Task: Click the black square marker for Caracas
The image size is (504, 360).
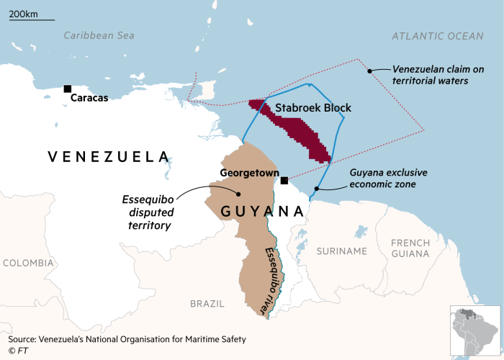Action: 68,89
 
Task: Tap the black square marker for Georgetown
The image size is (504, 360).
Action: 284,180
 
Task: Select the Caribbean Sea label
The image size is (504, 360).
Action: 99,35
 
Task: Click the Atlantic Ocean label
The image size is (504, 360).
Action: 438,36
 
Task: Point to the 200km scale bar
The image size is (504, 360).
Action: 32,19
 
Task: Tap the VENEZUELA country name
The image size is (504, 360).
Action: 108,156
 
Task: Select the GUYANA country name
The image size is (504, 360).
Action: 261,211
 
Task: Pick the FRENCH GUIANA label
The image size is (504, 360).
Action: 410,248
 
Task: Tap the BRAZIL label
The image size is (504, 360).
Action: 207,304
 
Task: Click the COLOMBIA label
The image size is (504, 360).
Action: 27,263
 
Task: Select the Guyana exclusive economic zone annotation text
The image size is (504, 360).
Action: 388,179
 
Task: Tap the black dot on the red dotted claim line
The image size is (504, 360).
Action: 369,71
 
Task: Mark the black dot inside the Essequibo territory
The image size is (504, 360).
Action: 238,193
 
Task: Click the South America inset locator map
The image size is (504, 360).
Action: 474,331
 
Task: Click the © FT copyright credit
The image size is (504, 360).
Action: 18,351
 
